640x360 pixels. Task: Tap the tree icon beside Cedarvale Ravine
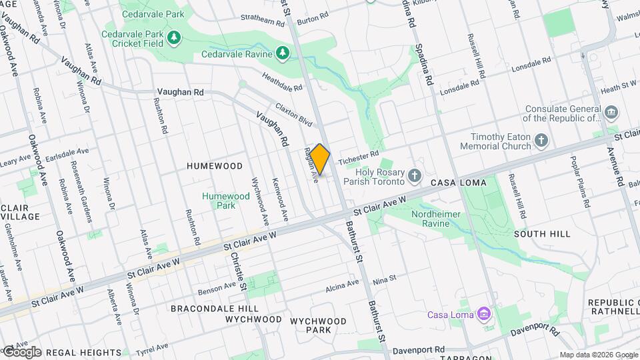click(283, 53)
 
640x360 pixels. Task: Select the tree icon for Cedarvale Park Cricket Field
click(174, 37)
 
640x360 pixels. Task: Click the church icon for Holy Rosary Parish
click(415, 176)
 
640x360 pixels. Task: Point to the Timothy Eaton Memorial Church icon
click(541, 141)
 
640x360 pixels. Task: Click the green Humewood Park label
click(226, 201)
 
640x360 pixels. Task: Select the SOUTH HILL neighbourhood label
click(542, 234)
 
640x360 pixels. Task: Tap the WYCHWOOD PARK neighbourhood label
click(318, 325)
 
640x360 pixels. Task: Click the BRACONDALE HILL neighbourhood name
click(214, 309)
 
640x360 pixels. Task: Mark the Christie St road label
click(239, 273)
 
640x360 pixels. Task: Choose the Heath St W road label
click(618, 87)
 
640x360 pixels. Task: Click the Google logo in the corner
click(21, 351)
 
